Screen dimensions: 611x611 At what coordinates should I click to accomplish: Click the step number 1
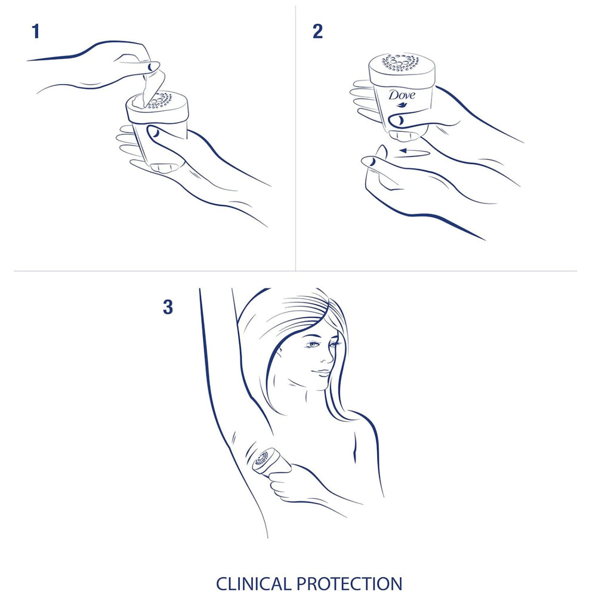pos(36,32)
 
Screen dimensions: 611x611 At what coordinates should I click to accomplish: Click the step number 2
pos(317,32)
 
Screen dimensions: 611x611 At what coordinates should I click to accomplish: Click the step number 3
pos(168,307)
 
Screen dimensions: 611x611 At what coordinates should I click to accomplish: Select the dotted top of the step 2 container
pos(400,62)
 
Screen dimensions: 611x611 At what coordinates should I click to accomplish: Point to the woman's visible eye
pos(315,345)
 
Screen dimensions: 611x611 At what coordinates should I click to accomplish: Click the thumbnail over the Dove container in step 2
pos(396,121)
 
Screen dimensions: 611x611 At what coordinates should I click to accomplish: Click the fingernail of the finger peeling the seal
pos(153,66)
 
